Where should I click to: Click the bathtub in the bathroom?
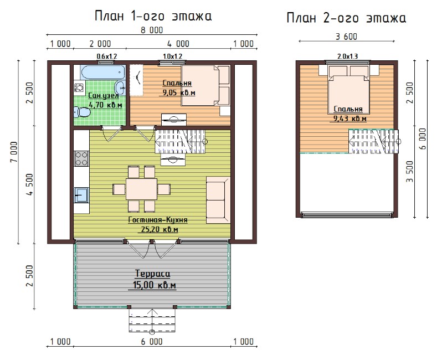[103, 72]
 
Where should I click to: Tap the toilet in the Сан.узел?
[82, 112]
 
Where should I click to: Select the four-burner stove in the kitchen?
[81, 158]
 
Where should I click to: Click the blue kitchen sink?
[81, 195]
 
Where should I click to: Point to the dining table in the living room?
[141, 189]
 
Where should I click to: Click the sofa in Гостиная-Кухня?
[218, 200]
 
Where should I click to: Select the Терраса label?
[152, 274]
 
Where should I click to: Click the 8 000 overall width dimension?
[152, 30]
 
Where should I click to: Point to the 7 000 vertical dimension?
[14, 152]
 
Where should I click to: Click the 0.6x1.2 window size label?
[107, 56]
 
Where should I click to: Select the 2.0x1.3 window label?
[348, 56]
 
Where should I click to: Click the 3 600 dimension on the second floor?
[346, 37]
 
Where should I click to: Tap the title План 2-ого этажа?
[346, 18]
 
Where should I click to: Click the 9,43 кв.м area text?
[350, 119]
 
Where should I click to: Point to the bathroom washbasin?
[120, 87]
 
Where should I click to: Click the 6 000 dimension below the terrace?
[152, 342]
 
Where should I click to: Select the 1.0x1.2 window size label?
[172, 56]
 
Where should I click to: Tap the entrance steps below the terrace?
[152, 321]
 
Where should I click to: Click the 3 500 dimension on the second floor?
[410, 171]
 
